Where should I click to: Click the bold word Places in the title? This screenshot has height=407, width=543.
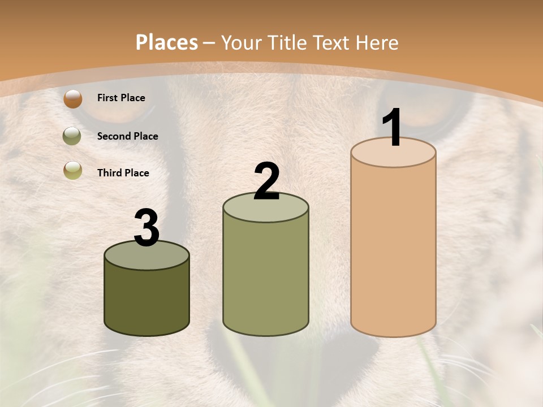167,42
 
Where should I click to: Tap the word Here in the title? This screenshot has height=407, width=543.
376,42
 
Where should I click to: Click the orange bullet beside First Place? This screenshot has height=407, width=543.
73,99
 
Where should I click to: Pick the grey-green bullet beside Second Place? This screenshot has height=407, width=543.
72,136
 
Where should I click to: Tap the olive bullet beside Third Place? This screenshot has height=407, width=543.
73,170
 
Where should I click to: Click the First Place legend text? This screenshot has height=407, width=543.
121,98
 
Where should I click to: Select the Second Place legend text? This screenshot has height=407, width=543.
127,136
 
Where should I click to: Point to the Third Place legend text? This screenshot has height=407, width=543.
123,173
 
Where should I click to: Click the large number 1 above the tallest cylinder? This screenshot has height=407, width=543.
393,128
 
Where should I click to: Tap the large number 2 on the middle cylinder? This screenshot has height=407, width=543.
266,181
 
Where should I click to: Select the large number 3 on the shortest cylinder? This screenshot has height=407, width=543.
147,228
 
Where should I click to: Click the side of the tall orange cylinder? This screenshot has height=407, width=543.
393,249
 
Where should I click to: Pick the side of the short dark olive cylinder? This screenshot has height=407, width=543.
147,300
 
